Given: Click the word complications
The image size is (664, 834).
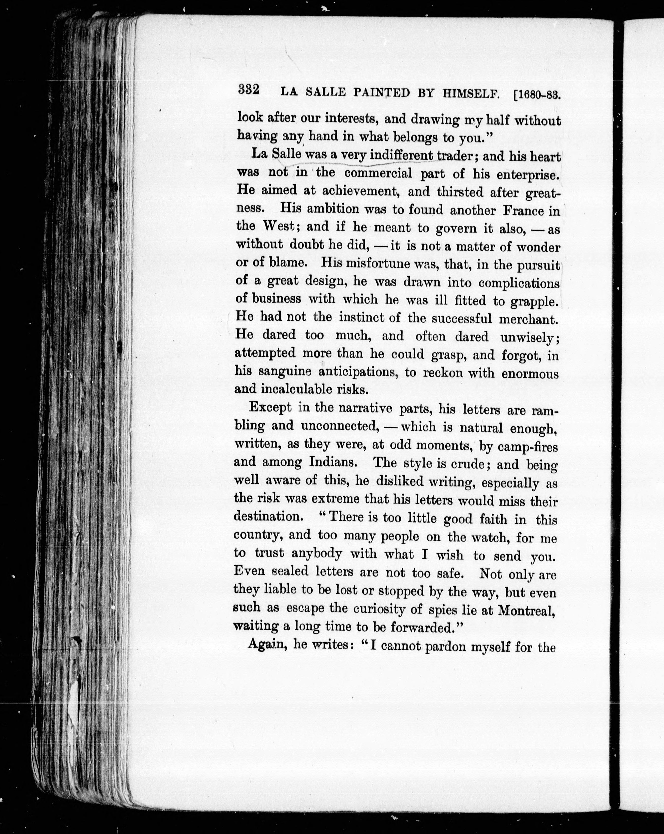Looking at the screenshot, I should click(519, 283).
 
